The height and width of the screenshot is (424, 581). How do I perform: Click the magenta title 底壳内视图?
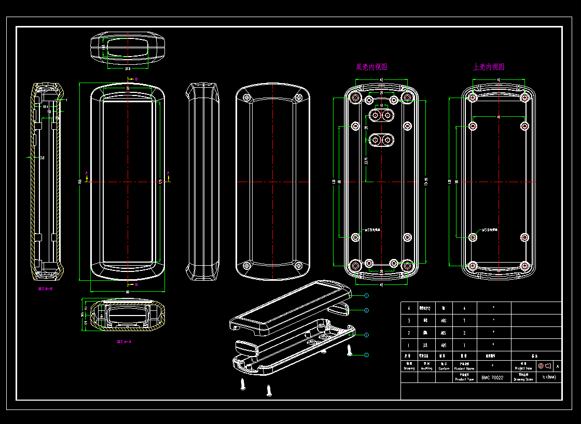point(371,67)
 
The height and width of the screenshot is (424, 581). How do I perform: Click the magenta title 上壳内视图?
point(489,67)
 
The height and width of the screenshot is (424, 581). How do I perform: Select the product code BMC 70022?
point(492,378)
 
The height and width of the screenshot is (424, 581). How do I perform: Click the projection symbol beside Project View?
point(544,366)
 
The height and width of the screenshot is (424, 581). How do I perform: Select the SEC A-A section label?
point(124,341)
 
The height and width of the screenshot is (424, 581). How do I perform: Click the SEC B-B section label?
point(45,289)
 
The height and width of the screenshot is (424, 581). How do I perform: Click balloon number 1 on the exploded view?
point(367,296)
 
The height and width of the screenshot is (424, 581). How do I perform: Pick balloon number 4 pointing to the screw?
point(367,354)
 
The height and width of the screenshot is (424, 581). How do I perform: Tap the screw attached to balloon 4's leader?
point(350,351)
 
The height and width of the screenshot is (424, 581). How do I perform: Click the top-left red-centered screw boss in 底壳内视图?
point(355,98)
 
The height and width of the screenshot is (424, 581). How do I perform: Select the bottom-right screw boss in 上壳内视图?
point(525,266)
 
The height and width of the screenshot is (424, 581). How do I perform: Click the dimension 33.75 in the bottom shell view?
point(366,161)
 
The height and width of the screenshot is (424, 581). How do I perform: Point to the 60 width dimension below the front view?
point(128,292)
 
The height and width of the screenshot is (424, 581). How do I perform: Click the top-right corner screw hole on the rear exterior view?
point(298,98)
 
